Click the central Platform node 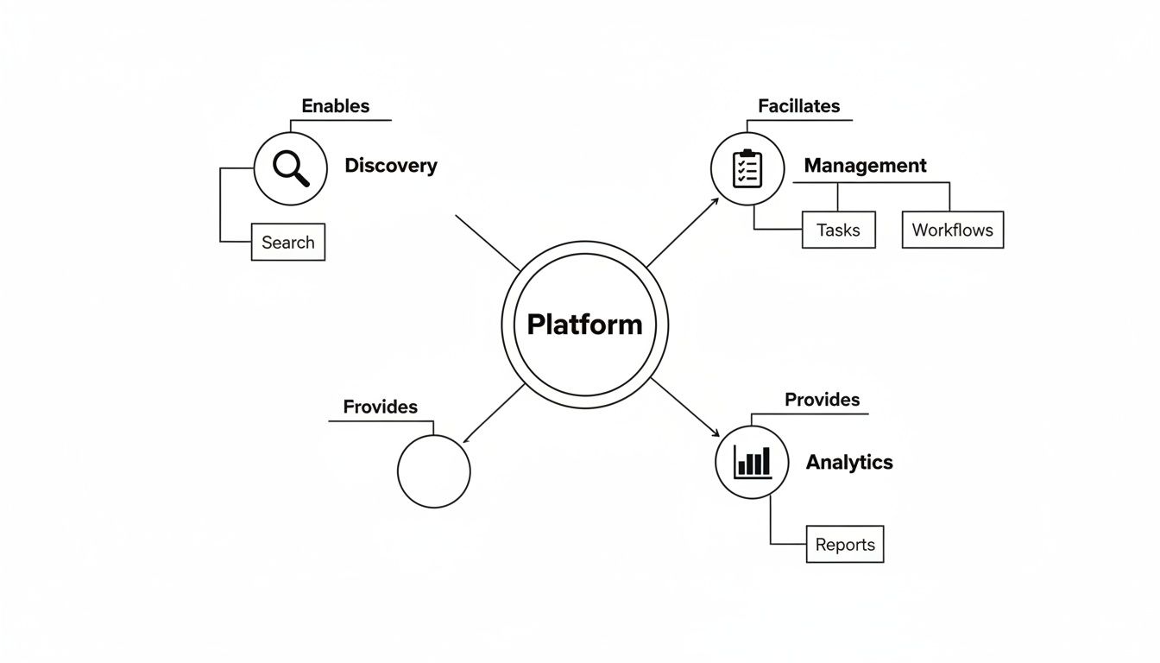tap(584, 325)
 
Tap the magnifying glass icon tap(291, 168)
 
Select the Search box tap(288, 242)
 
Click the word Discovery tap(391, 166)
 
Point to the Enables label tap(336, 106)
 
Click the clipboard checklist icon tap(747, 169)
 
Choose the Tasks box tap(838, 230)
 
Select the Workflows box tap(952, 230)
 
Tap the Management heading tap(865, 165)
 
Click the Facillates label tap(798, 106)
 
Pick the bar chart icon tap(752, 462)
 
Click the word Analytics tap(849, 462)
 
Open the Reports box tap(845, 544)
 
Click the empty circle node tap(434, 471)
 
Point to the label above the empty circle tap(380, 407)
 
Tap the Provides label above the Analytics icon tap(822, 400)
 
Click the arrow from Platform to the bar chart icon tap(685, 407)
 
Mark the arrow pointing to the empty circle tap(494, 414)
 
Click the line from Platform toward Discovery tap(488, 243)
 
